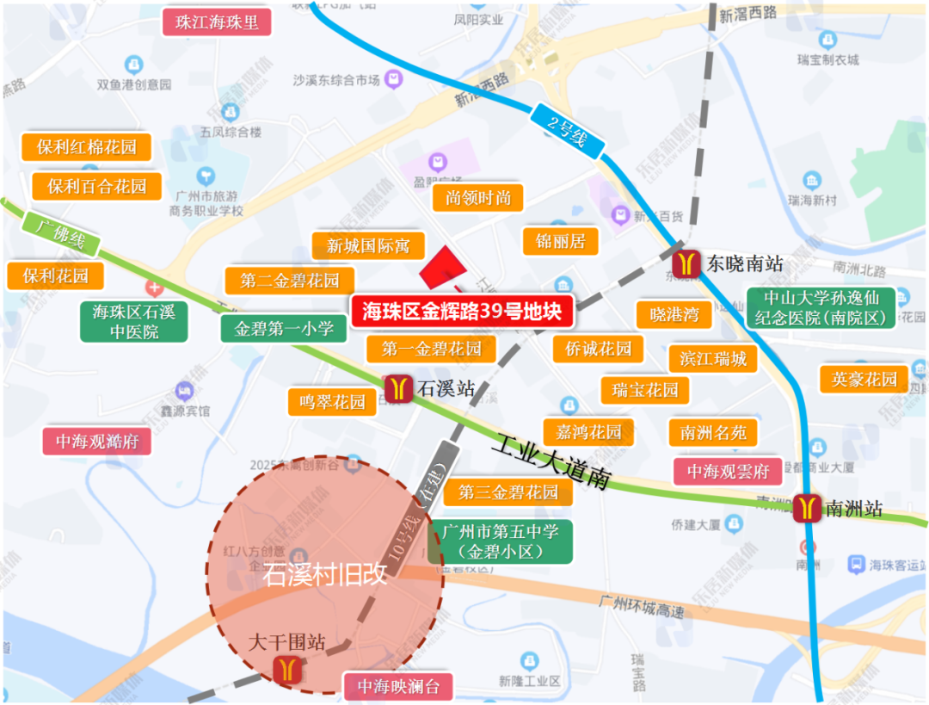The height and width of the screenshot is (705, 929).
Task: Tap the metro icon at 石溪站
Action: point(397,388)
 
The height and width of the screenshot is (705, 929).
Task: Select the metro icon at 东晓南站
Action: point(687,263)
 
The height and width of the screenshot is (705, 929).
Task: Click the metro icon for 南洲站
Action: point(808,508)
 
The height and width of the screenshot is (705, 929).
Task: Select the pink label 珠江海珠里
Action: point(217,22)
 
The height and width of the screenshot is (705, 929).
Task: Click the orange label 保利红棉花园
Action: point(86,146)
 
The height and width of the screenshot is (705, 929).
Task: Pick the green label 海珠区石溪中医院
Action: point(133,321)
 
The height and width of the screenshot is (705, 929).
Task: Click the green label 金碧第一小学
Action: point(284,328)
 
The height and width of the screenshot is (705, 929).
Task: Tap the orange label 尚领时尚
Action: point(478,198)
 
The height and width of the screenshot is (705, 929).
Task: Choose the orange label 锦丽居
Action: point(560,241)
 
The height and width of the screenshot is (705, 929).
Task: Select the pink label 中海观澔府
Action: point(97,442)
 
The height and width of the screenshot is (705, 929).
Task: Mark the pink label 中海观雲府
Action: point(728,472)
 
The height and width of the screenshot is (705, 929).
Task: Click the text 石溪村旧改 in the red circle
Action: point(324,574)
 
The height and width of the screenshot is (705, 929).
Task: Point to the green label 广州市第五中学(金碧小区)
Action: point(500,541)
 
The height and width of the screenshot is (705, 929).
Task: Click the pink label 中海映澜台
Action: point(398,686)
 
